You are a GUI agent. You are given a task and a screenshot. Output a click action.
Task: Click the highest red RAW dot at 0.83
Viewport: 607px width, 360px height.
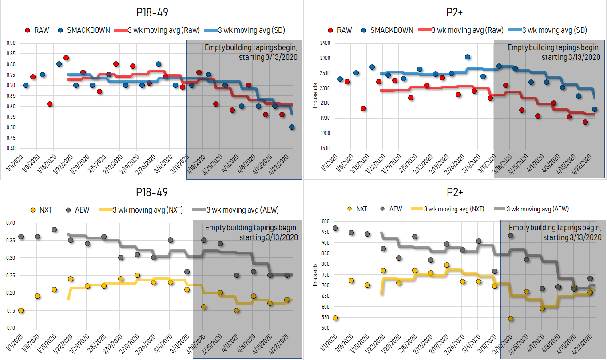(x=66, y=58)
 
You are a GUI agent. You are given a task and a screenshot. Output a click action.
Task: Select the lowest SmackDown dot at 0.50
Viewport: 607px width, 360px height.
(x=292, y=127)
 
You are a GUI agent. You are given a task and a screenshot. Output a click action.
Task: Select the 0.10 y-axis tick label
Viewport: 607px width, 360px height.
(x=11, y=328)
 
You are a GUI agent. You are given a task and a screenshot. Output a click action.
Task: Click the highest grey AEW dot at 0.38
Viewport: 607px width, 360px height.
(x=54, y=229)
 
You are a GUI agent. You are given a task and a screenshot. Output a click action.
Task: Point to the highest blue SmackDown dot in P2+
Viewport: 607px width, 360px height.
(x=468, y=57)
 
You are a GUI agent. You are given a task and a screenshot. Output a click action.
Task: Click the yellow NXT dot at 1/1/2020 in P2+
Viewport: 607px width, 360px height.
(x=335, y=318)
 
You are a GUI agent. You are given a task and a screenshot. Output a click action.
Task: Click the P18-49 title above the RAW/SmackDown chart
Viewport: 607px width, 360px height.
(x=151, y=11)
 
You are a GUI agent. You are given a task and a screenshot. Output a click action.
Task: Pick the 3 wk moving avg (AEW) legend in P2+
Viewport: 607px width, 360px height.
(x=532, y=209)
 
